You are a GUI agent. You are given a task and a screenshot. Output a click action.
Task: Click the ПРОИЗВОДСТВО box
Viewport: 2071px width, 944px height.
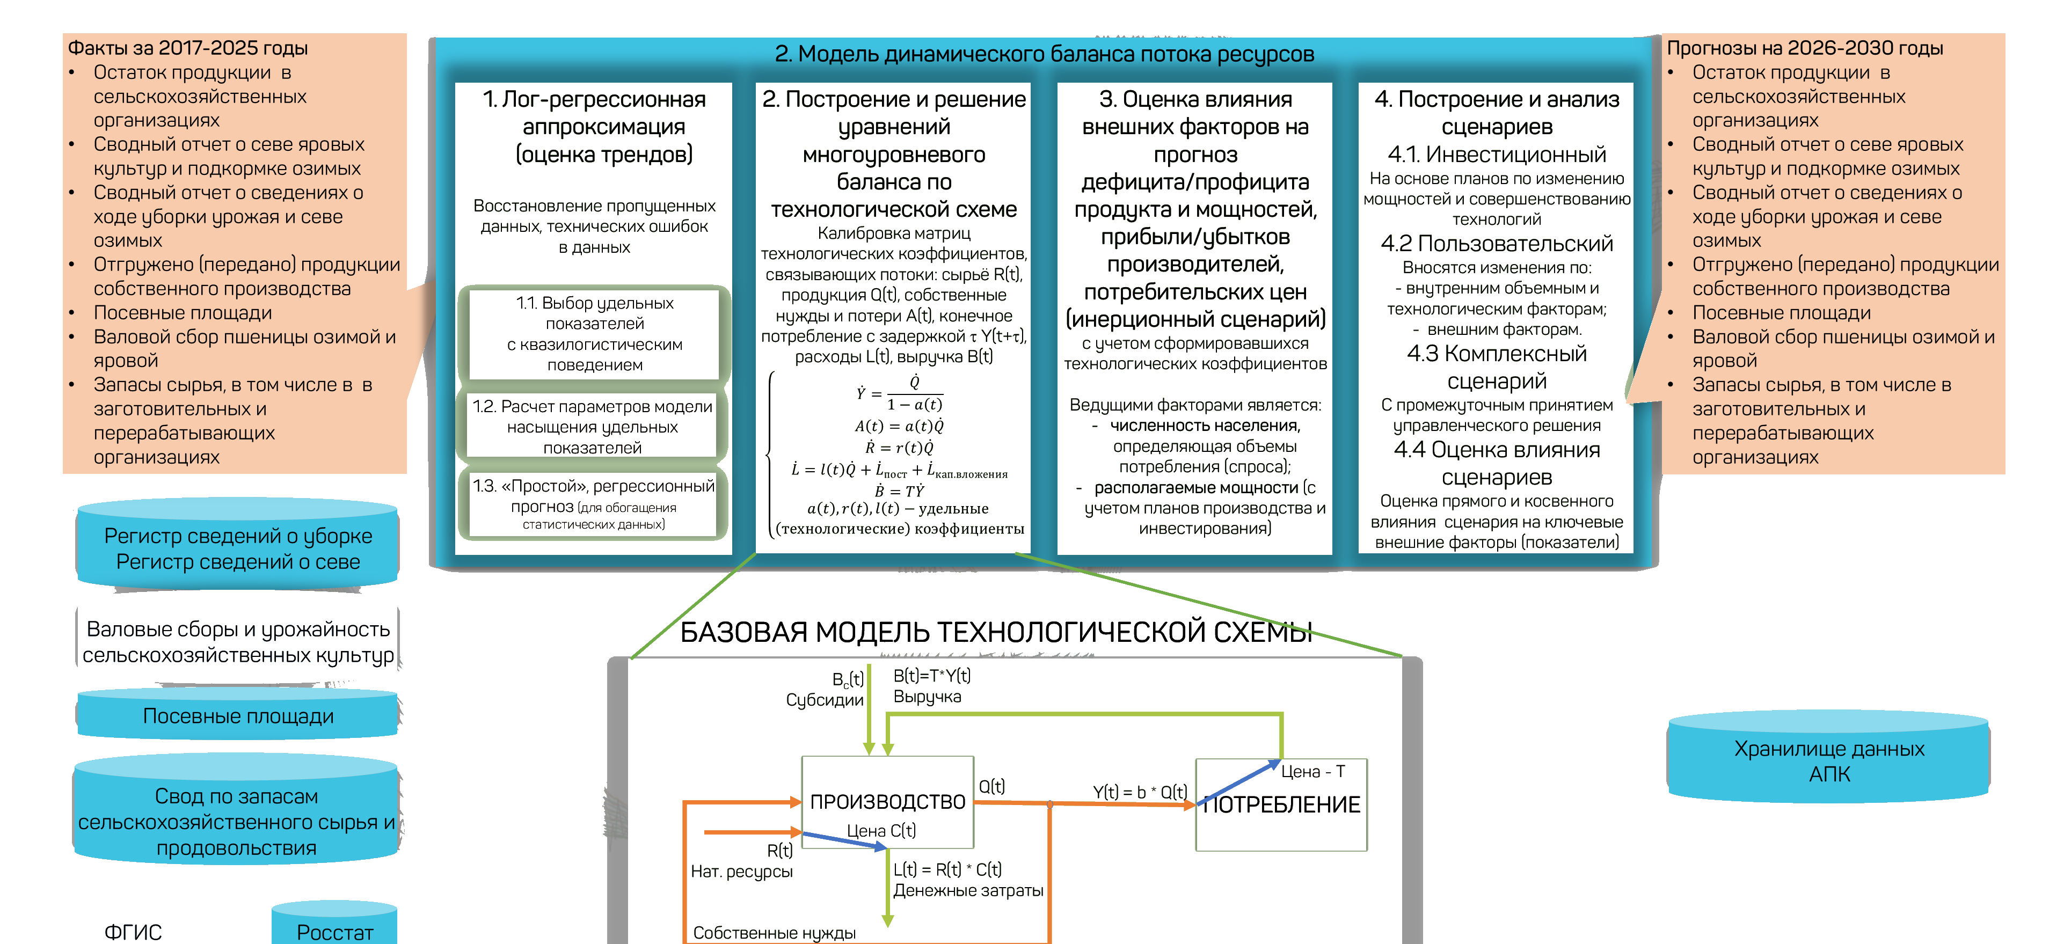887,802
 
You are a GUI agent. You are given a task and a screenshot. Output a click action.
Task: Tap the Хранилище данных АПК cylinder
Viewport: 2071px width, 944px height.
1828,760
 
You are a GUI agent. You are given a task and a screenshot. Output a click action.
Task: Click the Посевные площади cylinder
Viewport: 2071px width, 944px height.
238,715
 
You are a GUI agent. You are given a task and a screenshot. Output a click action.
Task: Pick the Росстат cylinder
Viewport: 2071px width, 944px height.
334,930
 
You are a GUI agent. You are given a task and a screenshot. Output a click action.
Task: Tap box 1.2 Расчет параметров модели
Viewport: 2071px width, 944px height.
593,426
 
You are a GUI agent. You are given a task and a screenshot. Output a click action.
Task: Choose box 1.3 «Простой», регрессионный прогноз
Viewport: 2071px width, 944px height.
593,503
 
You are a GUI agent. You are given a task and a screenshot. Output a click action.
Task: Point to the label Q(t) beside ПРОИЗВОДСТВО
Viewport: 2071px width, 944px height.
991,786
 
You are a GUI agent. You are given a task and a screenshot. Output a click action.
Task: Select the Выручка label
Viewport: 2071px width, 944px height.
927,697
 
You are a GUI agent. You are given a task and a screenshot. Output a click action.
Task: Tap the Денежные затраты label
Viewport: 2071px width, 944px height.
968,890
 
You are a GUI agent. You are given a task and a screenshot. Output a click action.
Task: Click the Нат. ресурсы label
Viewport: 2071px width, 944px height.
741,871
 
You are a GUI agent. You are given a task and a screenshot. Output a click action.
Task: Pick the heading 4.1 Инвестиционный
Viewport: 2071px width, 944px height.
1496,153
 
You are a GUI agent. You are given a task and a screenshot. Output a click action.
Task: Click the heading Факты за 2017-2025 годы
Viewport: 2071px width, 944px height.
188,47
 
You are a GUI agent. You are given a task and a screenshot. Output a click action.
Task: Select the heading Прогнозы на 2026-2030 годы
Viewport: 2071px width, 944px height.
1804,47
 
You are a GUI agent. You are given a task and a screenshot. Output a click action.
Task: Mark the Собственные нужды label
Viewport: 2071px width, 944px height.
774,932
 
